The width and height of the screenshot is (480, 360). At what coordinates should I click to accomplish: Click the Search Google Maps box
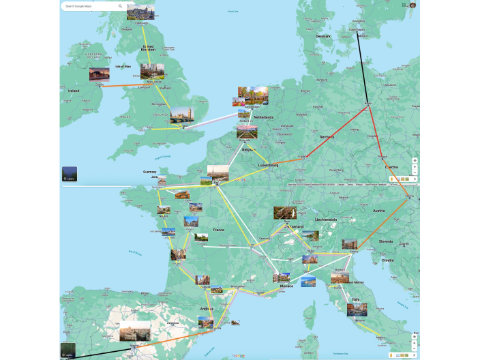point(89,6)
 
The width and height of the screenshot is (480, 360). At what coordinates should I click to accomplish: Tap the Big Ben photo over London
point(182,115)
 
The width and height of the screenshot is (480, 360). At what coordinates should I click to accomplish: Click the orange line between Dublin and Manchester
point(123,85)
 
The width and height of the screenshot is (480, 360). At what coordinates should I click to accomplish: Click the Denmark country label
point(322,36)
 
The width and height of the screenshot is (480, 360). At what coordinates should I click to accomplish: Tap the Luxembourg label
point(268,165)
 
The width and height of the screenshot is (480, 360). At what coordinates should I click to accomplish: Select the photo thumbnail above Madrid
point(135,332)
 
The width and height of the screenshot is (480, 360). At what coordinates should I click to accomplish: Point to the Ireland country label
point(73,91)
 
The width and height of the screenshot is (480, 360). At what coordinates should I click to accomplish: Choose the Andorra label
point(207,308)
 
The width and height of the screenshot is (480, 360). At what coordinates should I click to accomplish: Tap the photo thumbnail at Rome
point(356,310)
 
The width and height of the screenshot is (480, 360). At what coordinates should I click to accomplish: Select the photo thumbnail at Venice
point(349,244)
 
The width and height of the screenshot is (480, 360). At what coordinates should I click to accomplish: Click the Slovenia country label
point(386,241)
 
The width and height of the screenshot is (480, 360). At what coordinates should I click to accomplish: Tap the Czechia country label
point(391,166)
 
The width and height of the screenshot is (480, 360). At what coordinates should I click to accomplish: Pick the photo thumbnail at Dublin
point(99,74)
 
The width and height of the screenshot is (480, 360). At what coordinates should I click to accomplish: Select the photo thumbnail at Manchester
point(152,71)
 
